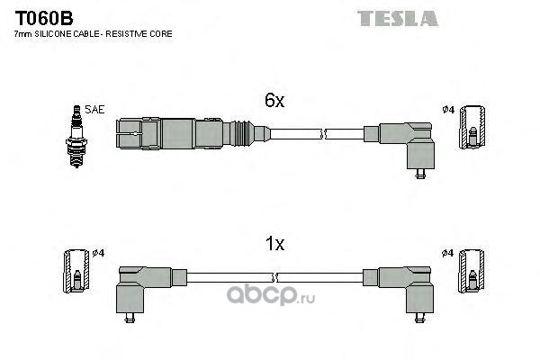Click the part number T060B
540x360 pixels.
click(x=44, y=18)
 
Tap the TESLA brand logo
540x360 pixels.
click(x=398, y=19)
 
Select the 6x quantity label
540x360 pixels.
click(x=274, y=100)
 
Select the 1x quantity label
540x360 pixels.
click(x=274, y=244)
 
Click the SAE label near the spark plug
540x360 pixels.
click(x=94, y=110)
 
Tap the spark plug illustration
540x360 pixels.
click(x=76, y=136)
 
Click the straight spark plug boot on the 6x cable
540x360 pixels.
click(x=193, y=134)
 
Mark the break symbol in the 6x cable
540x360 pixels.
click(x=323, y=134)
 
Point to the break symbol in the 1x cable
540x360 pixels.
click(x=274, y=278)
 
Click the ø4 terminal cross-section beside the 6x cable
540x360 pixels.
click(x=472, y=128)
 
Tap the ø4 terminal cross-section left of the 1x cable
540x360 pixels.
click(x=76, y=271)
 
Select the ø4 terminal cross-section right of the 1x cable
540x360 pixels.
click(x=471, y=271)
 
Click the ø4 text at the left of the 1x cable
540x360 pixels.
click(x=98, y=253)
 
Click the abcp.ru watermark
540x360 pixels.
click(x=271, y=295)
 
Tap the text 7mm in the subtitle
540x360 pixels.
click(x=23, y=34)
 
